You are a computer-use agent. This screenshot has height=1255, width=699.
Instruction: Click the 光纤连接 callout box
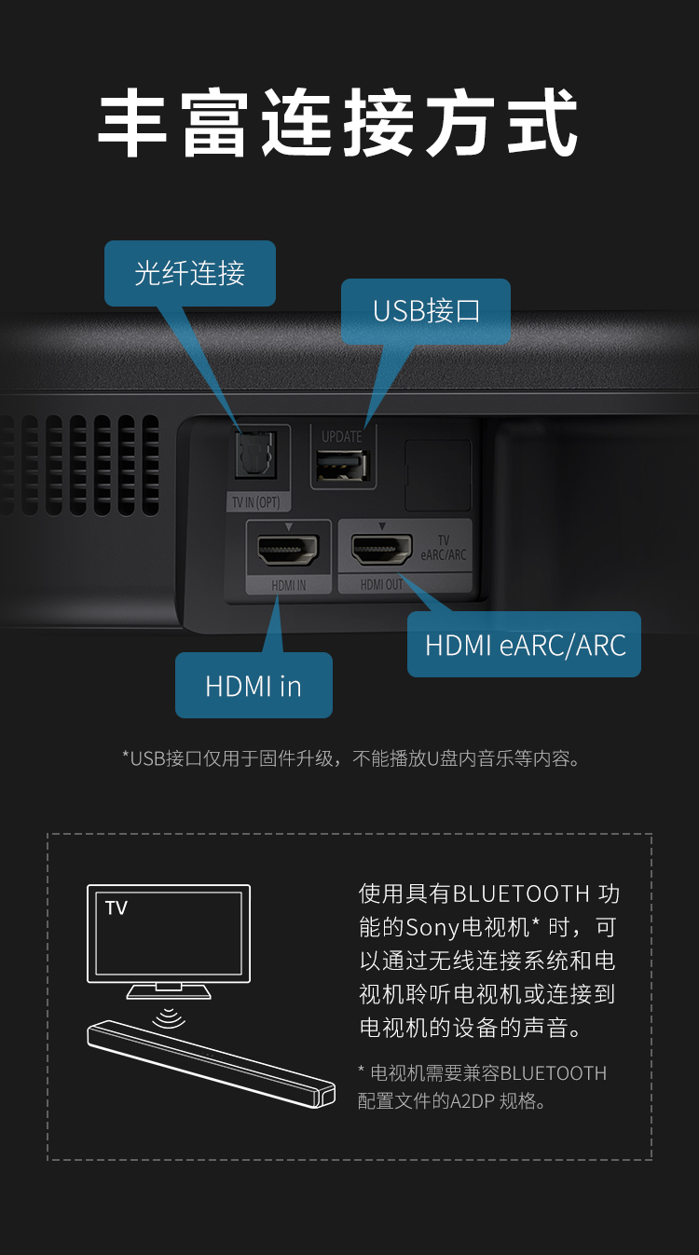[189, 273]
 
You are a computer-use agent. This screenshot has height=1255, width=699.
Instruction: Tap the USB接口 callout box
[425, 311]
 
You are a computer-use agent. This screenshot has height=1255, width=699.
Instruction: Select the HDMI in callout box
[254, 685]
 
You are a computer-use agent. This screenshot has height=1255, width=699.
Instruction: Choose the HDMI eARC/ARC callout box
[524, 645]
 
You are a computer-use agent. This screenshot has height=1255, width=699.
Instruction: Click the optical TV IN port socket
[255, 455]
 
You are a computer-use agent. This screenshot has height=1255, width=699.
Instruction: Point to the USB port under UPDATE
[342, 466]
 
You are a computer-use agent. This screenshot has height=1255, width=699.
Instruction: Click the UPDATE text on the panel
[341, 436]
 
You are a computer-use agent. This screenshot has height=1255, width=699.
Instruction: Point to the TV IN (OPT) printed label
[256, 502]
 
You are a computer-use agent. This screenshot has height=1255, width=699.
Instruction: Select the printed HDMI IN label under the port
[289, 585]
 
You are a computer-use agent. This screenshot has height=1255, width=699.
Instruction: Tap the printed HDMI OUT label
[382, 584]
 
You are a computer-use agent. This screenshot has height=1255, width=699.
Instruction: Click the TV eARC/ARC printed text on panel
[444, 548]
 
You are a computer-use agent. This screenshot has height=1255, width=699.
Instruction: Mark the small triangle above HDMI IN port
[289, 526]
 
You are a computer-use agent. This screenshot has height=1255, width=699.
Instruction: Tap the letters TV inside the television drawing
[116, 908]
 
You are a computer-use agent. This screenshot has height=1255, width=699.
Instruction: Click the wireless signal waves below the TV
[169, 1017]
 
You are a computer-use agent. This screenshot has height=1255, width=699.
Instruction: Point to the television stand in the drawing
[169, 991]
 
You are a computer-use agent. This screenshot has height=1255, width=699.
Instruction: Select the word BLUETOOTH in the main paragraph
[521, 894]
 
